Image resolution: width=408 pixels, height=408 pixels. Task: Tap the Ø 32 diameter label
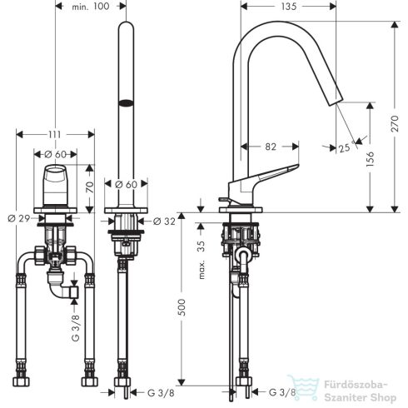[x=165, y=221]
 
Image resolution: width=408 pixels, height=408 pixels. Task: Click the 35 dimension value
[x=199, y=246]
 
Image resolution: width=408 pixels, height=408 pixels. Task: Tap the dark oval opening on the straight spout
[x=126, y=102]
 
